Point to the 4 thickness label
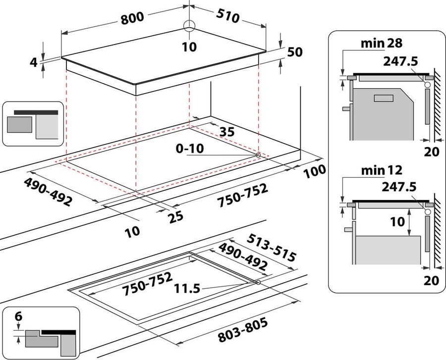(x=33, y=63)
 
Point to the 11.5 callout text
(x=187, y=288)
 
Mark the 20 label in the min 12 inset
(x=432, y=280)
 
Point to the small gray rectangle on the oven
(x=383, y=98)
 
